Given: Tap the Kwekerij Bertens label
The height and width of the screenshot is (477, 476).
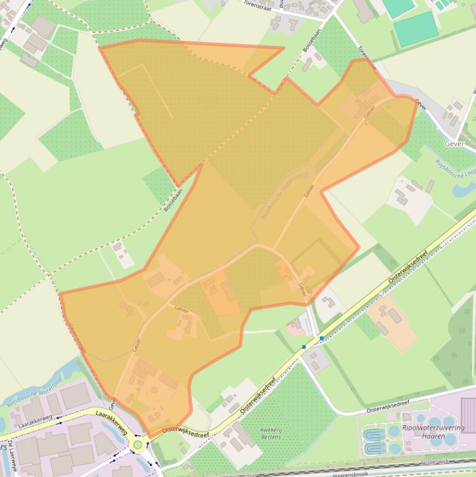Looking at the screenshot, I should coord(270,433).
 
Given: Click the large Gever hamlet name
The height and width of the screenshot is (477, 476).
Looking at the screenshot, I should coord(454,143).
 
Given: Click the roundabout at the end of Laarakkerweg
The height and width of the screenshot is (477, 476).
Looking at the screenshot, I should coord(138,444).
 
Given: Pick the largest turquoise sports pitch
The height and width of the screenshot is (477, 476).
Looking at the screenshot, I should coord(416,28).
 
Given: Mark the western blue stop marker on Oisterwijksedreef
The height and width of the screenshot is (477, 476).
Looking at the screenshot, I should coord(304,347).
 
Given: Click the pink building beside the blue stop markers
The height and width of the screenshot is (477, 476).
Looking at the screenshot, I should coord(296,325).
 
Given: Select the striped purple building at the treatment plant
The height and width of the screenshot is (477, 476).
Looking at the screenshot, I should coord(468,414).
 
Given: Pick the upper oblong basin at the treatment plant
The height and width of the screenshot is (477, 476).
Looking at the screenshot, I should coord(373,433).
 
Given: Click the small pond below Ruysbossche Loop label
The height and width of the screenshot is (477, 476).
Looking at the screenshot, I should coord(464,188).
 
